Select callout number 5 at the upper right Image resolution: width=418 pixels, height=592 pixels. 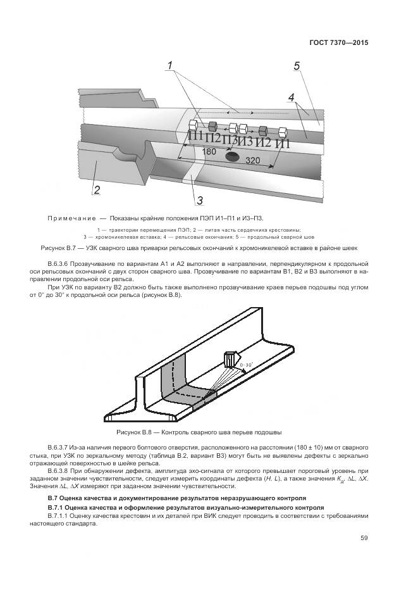pyautogui.click(x=297, y=66)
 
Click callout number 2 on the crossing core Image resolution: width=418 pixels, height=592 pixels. pyautogui.click(x=97, y=189)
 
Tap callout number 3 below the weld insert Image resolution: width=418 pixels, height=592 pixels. pyautogui.click(x=199, y=201)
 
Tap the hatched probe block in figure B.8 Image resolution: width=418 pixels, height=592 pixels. pyautogui.click(x=230, y=360)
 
